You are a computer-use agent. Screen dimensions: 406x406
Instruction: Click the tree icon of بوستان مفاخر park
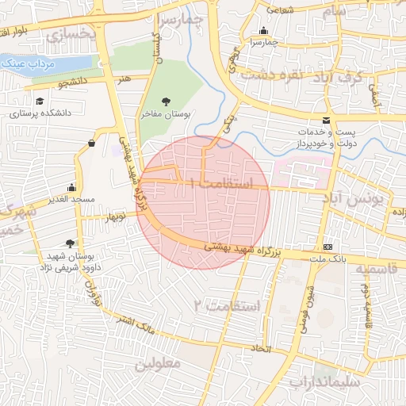click(x=165, y=101)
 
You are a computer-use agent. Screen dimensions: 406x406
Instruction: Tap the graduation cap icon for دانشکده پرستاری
click(x=40, y=101)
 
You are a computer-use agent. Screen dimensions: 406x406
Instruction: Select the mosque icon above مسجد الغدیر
click(x=72, y=188)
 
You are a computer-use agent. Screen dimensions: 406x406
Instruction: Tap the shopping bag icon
click(x=93, y=144)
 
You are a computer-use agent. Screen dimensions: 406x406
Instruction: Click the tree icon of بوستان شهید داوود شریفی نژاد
click(x=71, y=243)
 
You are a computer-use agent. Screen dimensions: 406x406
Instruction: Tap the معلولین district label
click(x=158, y=363)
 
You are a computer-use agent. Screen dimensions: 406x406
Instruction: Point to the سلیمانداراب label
click(x=324, y=382)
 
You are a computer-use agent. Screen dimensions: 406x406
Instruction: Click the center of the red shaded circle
click(x=203, y=202)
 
